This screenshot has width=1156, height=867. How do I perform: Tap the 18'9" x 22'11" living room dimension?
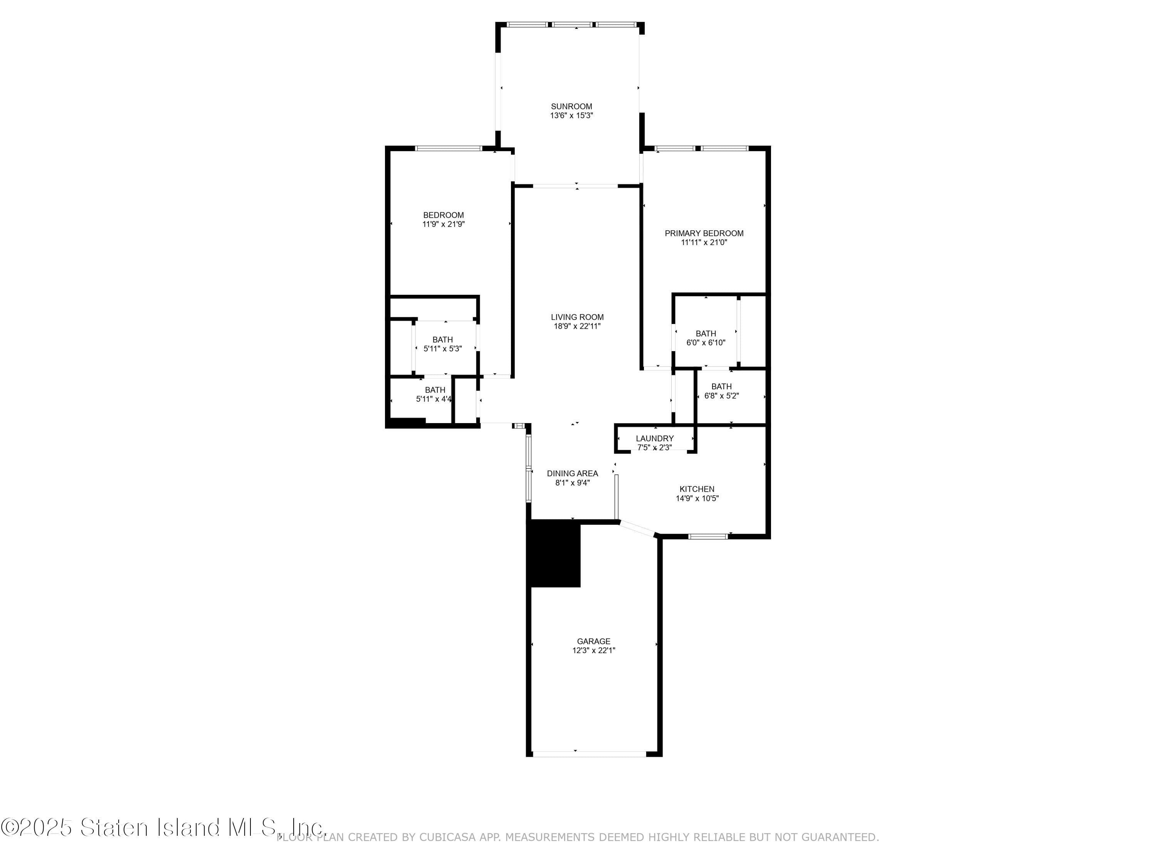(x=577, y=326)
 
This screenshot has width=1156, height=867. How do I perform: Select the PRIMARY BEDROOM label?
(x=704, y=233)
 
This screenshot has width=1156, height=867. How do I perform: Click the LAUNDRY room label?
(x=654, y=439)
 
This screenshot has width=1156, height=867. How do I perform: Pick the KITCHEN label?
(x=697, y=489)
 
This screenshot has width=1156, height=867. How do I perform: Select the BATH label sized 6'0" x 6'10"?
(x=706, y=333)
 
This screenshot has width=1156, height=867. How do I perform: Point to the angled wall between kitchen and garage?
(x=637, y=529)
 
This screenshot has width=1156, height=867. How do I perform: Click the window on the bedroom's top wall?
(x=449, y=148)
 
